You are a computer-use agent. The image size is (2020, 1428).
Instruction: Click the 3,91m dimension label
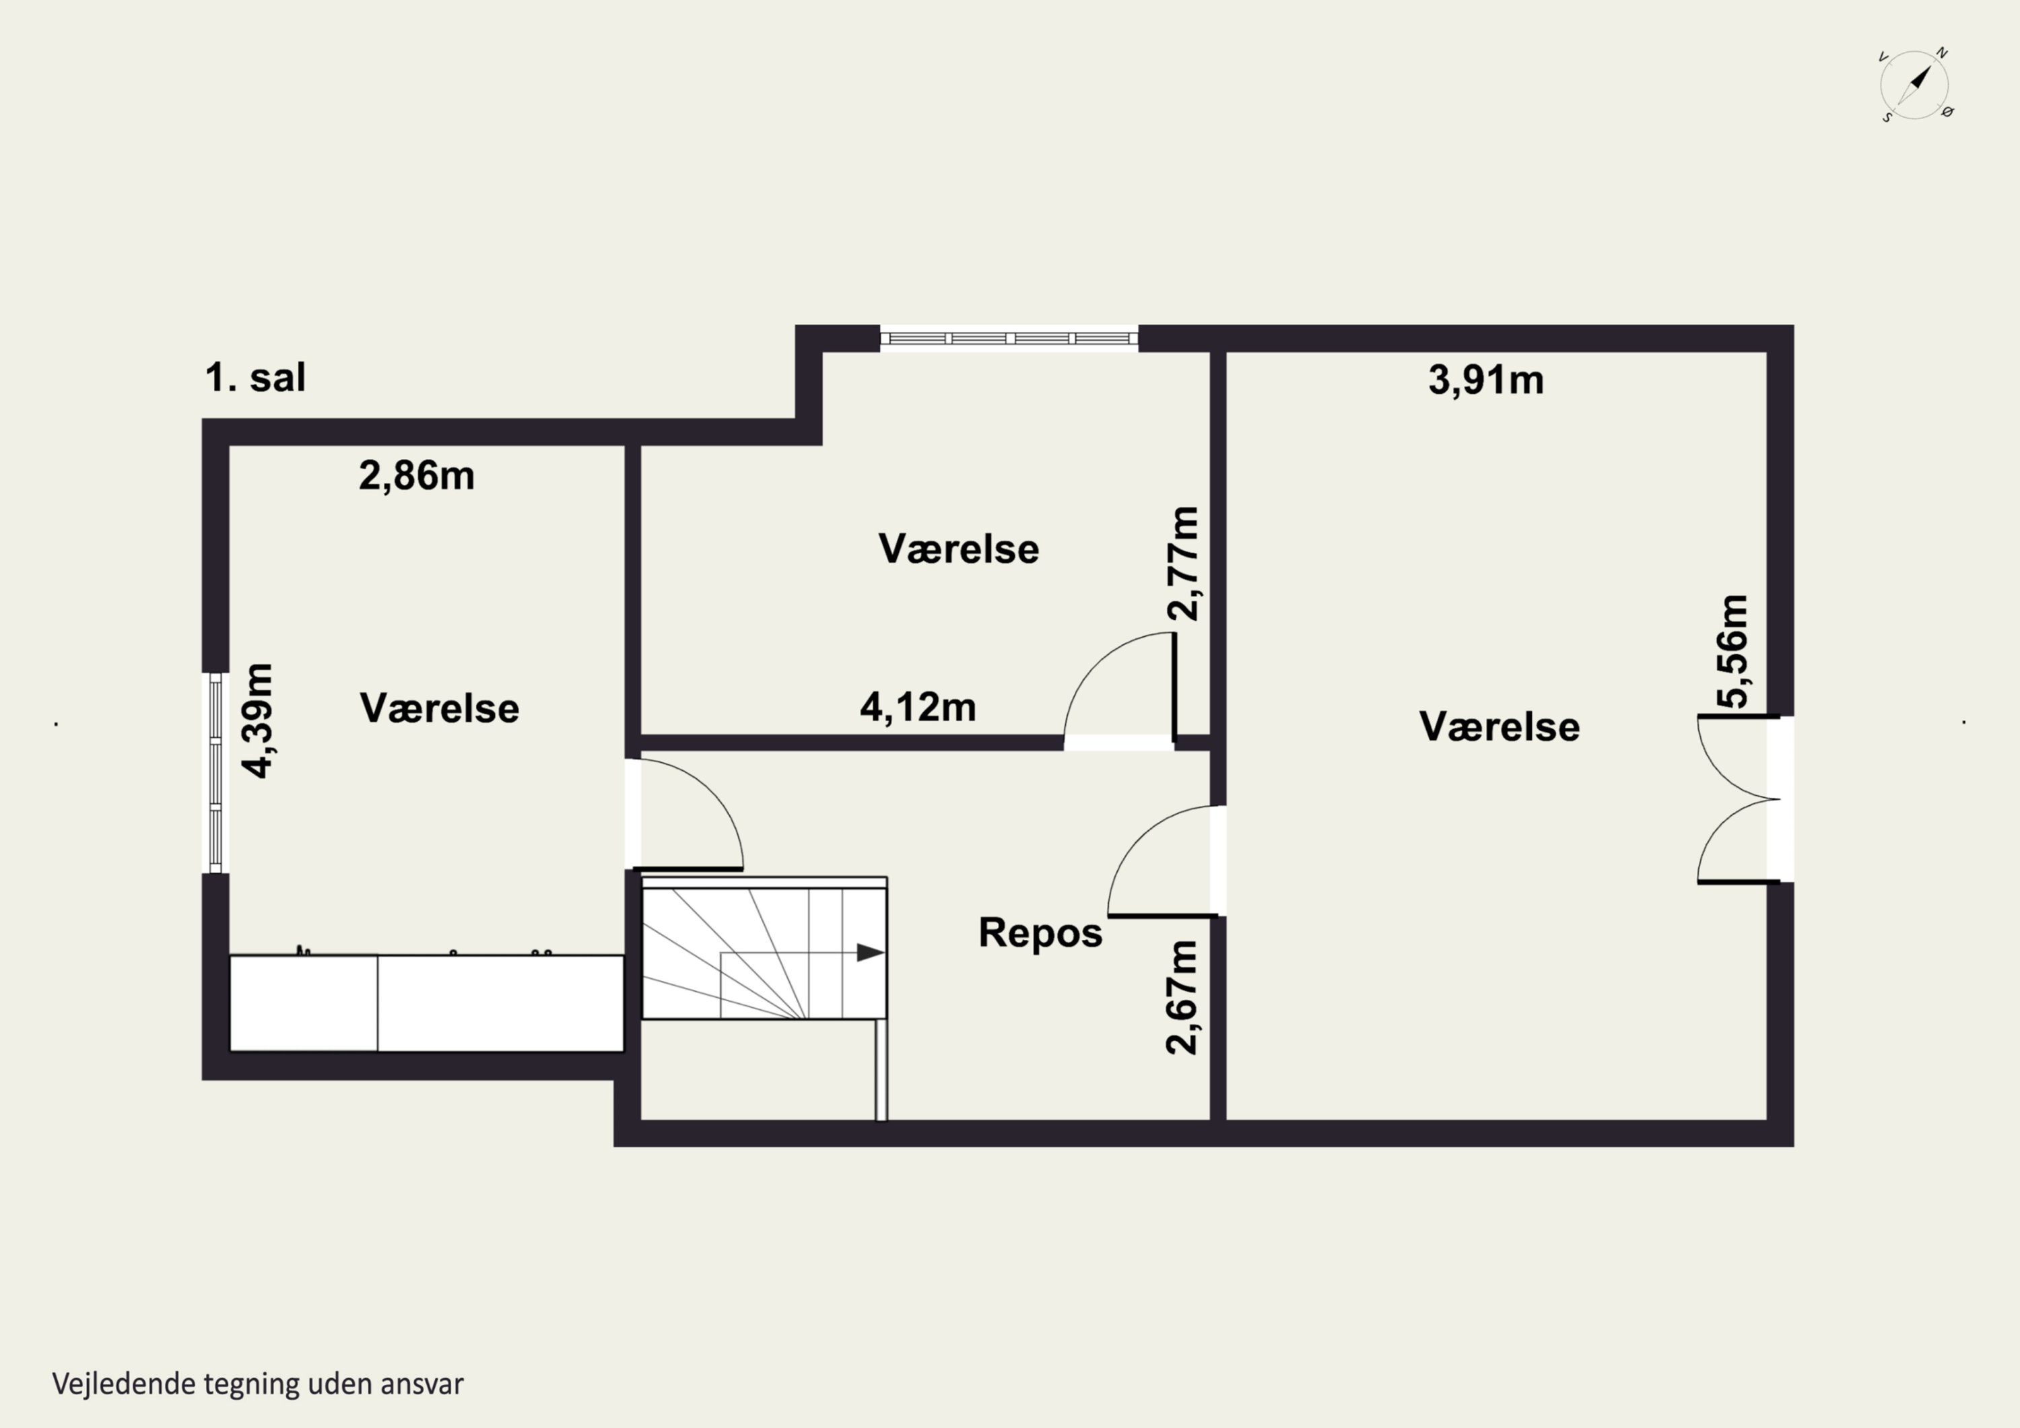(1486, 380)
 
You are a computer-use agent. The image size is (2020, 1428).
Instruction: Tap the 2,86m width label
(417, 476)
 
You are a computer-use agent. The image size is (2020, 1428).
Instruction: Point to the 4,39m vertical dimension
(259, 720)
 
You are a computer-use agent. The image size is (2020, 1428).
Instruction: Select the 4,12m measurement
(918, 708)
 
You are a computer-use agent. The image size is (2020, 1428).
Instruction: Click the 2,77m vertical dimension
(1183, 564)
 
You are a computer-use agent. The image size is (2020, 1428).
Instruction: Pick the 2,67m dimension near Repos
(1182, 998)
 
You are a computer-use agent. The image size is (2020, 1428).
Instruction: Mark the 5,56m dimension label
(1733, 652)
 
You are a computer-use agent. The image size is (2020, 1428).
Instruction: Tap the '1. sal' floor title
(255, 378)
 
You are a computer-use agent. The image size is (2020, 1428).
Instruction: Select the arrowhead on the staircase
(870, 953)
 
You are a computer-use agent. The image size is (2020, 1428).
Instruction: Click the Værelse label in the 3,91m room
(1499, 726)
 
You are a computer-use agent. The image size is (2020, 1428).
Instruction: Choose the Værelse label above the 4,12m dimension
(959, 549)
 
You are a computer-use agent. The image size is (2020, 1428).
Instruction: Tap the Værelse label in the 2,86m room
(439, 708)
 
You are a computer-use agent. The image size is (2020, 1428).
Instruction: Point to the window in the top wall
(1009, 339)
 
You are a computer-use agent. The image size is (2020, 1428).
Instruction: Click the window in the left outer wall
(215, 772)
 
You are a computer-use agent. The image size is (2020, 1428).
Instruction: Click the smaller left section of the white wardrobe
(304, 1003)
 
